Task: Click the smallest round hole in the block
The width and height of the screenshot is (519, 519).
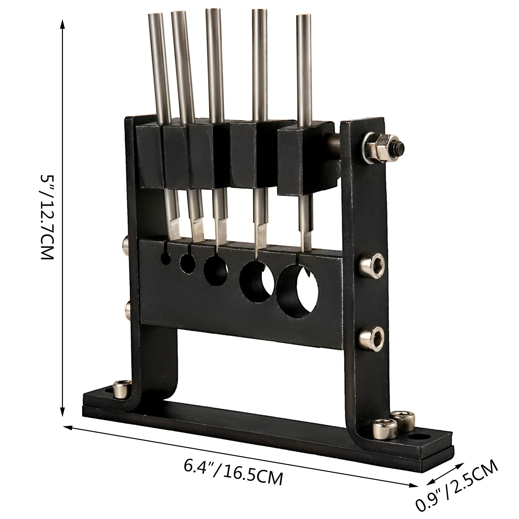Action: point(166,258)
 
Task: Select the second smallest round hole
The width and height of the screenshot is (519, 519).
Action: point(187,263)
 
